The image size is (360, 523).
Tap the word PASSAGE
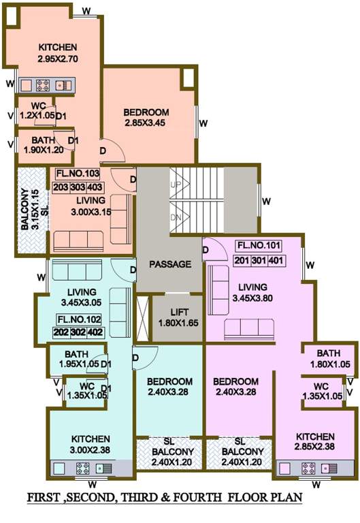tap(170, 264)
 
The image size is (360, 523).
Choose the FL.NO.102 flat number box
tap(79, 319)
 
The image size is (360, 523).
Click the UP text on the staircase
tap(176, 185)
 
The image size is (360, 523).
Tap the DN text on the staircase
tap(176, 218)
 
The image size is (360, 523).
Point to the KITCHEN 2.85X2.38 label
tap(314, 442)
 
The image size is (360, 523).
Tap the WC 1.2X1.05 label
tap(37, 112)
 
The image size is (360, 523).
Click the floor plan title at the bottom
tap(164, 497)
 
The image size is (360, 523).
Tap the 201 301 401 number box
tap(259, 261)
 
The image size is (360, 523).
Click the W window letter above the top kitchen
tap(86, 12)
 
